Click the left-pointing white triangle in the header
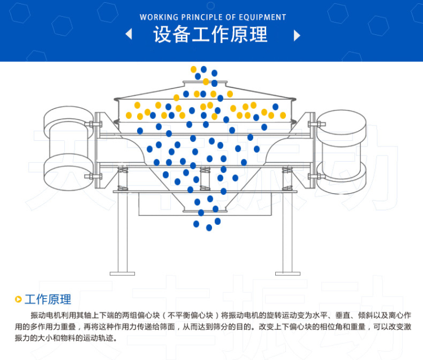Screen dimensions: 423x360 click(x=129, y=34)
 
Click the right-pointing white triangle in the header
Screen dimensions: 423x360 click(x=297, y=35)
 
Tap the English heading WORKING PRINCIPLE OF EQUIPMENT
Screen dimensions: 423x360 click(x=213, y=17)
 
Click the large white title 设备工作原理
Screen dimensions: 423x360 click(x=210, y=34)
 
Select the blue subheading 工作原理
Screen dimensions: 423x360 click(x=48, y=299)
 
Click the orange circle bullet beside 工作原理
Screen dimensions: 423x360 click(x=19, y=299)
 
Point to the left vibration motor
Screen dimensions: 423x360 click(x=69, y=148)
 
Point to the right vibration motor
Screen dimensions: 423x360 click(x=341, y=152)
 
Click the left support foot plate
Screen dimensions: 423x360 click(x=122, y=274)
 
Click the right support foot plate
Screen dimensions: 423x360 click(x=288, y=274)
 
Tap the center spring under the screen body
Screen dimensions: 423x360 click(x=205, y=179)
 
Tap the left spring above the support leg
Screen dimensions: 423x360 click(x=123, y=179)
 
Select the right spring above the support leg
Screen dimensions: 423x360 click(x=287, y=179)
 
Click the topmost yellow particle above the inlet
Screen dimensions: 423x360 click(x=193, y=69)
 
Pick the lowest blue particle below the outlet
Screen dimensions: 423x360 click(x=209, y=228)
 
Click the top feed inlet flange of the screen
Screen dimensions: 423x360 click(x=205, y=82)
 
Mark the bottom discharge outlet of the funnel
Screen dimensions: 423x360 click(x=205, y=210)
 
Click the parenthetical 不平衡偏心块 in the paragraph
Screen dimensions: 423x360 click(x=190, y=315)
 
